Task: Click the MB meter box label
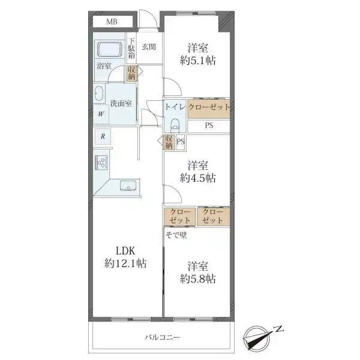pyautogui.click(x=112, y=22)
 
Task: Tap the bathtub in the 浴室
pyautogui.click(x=109, y=49)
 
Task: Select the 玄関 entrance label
pyautogui.click(x=149, y=47)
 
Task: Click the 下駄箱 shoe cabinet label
pyautogui.click(x=131, y=49)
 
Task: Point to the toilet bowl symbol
pyautogui.click(x=175, y=125)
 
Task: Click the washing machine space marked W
pyautogui.click(x=101, y=114)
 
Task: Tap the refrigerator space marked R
pyautogui.click(x=103, y=136)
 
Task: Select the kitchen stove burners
pyautogui.click(x=101, y=163)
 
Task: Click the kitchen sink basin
pyautogui.click(x=128, y=185)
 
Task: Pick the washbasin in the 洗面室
pyautogui.click(x=98, y=94)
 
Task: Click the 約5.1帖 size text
pyautogui.click(x=197, y=61)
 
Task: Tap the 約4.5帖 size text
pyautogui.click(x=197, y=178)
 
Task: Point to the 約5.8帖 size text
pyautogui.click(x=197, y=279)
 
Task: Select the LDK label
pyautogui.click(x=125, y=251)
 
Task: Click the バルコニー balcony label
pyautogui.click(x=163, y=337)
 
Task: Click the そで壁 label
pyautogui.click(x=176, y=235)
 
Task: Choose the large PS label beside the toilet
pyautogui.click(x=209, y=125)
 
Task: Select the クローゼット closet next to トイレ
pyautogui.click(x=209, y=109)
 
